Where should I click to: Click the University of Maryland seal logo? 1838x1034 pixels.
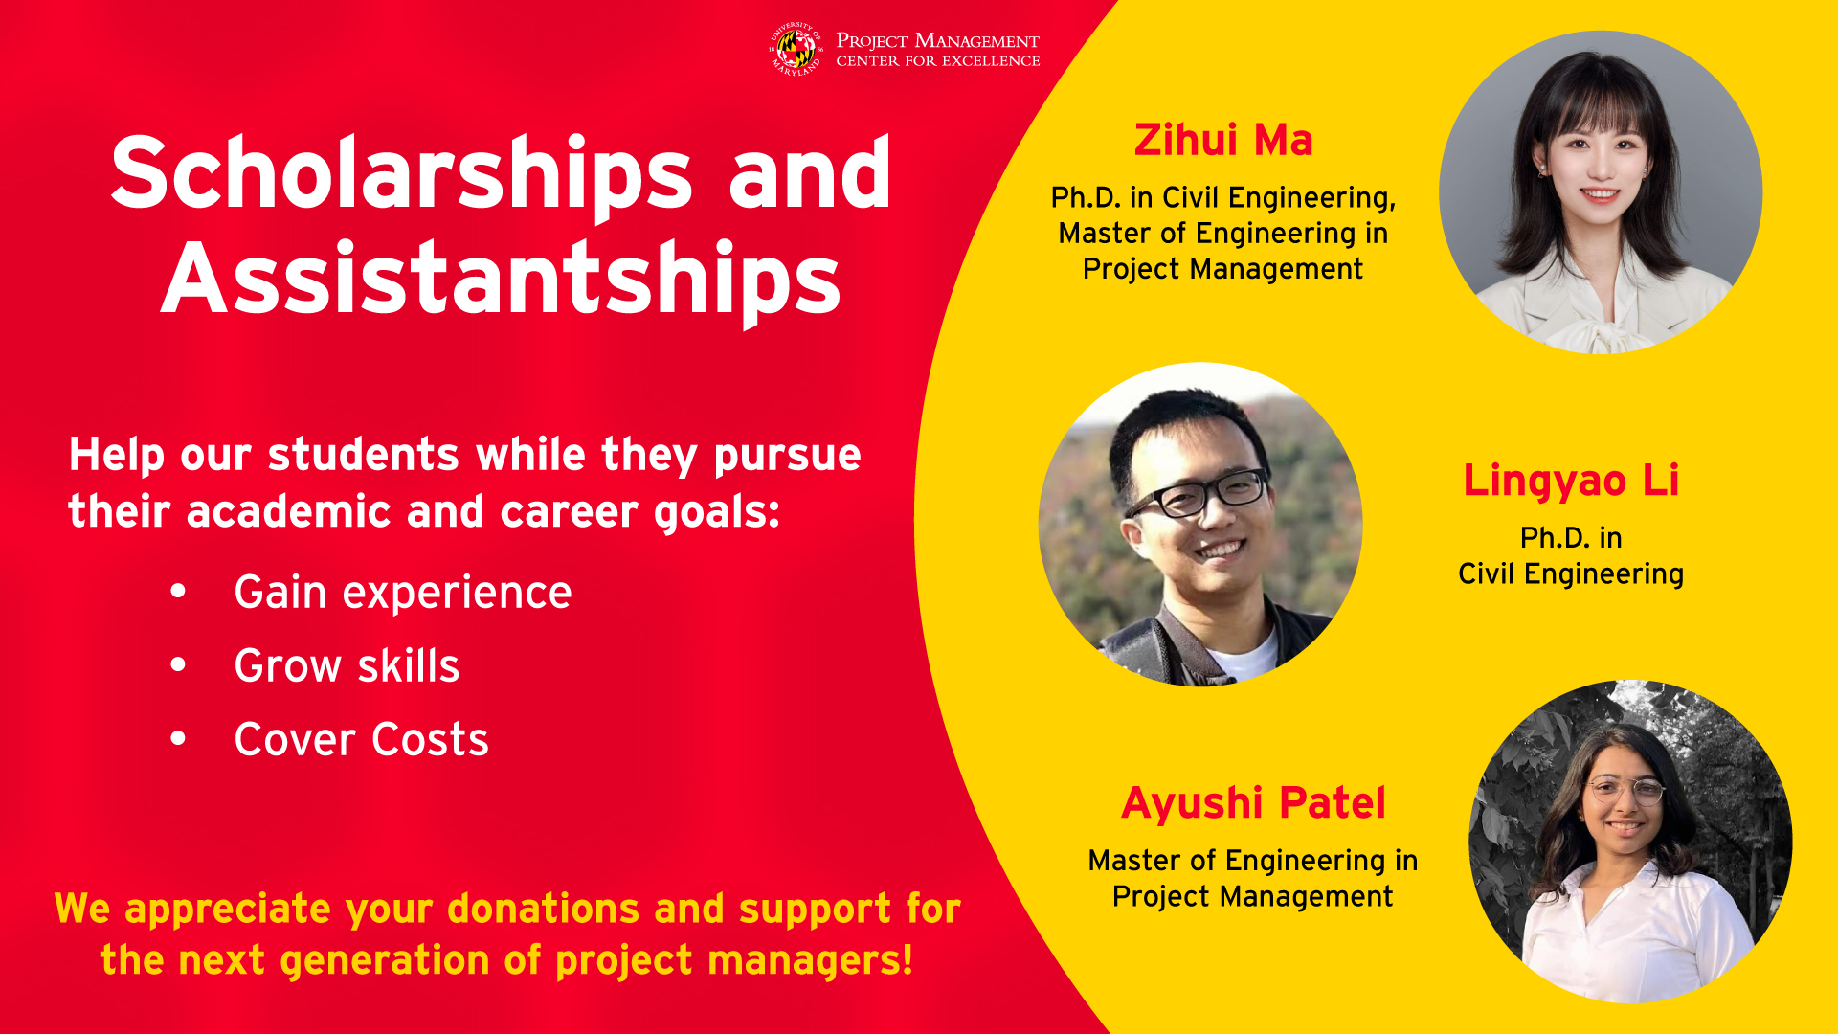point(796,50)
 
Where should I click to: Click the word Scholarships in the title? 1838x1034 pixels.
point(402,174)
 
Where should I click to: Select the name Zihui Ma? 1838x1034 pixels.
point(1223,140)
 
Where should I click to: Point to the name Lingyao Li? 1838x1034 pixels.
point(1571,482)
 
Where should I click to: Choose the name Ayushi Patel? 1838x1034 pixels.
point(1253,803)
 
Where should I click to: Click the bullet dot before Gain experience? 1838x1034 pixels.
point(178,592)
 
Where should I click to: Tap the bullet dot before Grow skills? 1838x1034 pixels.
point(178,664)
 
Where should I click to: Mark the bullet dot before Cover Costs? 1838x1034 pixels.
point(178,738)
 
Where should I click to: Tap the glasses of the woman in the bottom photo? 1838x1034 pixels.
point(1625,791)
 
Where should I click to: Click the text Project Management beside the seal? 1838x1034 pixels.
point(938,40)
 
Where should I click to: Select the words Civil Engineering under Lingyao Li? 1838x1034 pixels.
point(1571,574)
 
